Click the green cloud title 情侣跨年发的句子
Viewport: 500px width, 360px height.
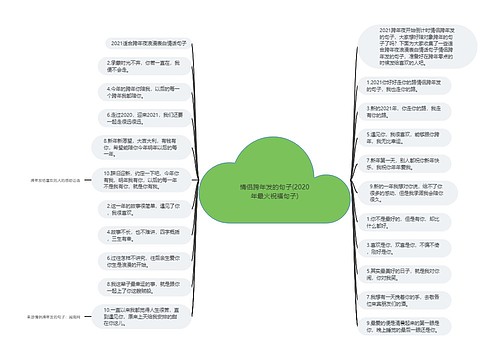coord(250,189)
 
